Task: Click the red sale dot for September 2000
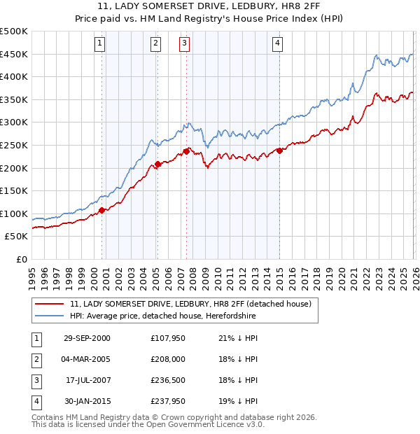tap(102, 209)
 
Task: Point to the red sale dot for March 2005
tap(157, 164)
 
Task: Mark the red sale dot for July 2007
tap(187, 150)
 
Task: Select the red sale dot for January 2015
tap(279, 150)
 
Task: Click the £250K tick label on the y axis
tap(14, 145)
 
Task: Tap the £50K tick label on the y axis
tap(16, 237)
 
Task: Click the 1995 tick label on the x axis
tap(32, 272)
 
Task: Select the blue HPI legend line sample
tap(50, 316)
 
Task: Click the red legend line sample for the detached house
tap(50, 304)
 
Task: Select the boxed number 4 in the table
tap(36, 402)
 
